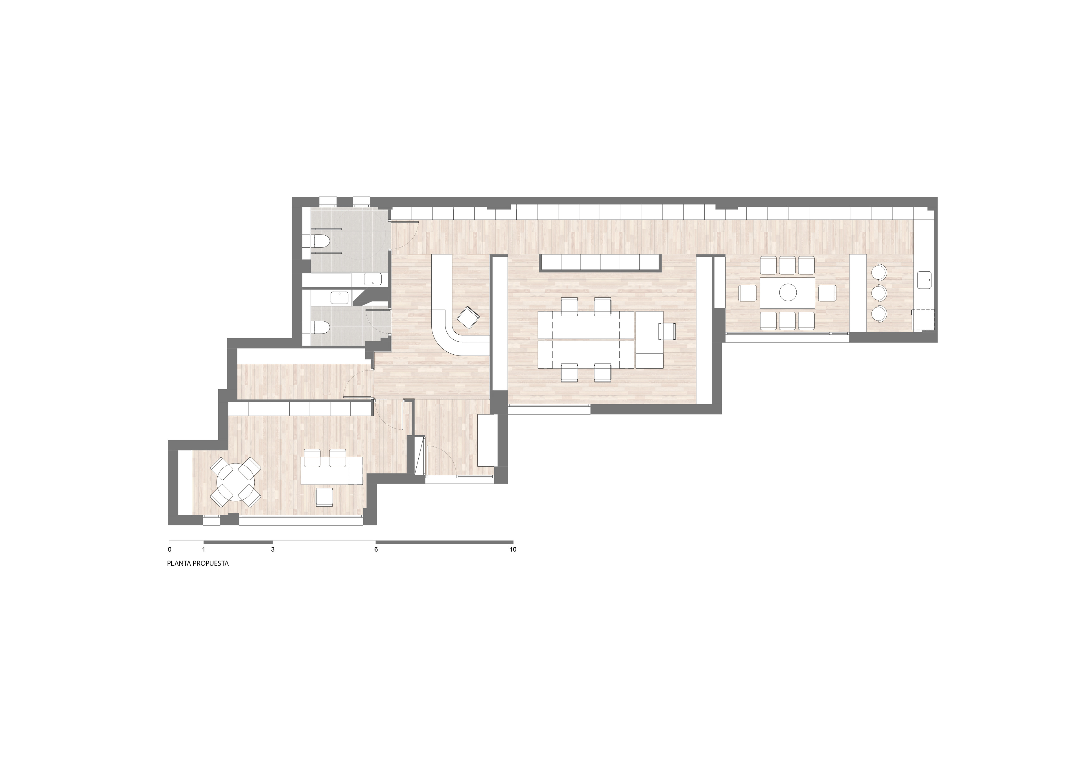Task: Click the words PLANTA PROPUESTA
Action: tap(198, 563)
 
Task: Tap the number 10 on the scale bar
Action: tap(513, 549)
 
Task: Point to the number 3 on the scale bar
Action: tap(273, 549)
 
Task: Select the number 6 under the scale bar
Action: tap(376, 549)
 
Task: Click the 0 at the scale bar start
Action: tap(169, 549)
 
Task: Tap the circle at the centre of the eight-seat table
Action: tap(788, 293)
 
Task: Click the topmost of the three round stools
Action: tap(879, 272)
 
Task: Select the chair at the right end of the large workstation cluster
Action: tap(667, 330)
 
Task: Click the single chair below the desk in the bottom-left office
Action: tap(325, 497)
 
